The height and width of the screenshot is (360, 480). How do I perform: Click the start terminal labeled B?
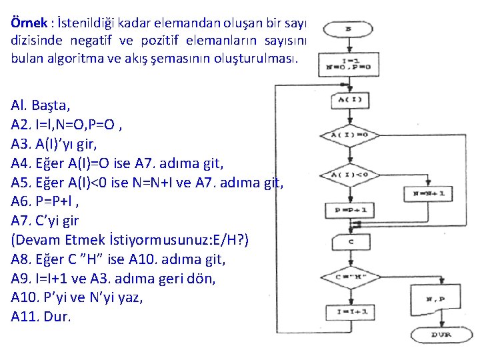pyautogui.click(x=348, y=29)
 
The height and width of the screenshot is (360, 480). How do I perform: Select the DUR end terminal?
pyautogui.click(x=439, y=334)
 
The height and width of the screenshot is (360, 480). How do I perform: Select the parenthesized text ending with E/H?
pyautogui.click(x=129, y=239)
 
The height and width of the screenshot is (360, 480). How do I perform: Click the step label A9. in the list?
pyautogui.click(x=22, y=278)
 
